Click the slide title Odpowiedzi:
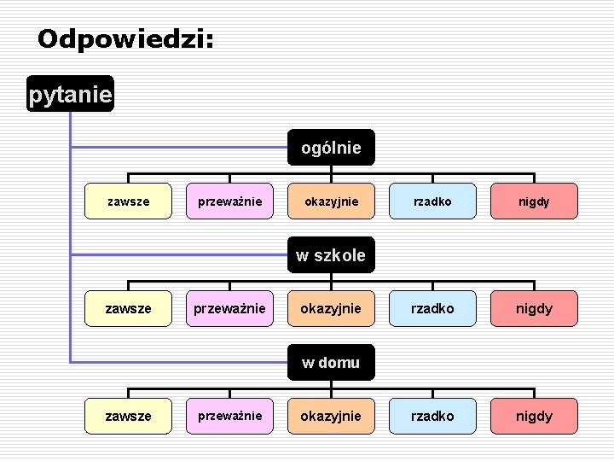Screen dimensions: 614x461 125,38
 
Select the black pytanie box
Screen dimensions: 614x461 70,95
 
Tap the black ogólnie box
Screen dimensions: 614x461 330,148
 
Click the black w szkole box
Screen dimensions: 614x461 330,254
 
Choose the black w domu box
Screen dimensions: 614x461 330,362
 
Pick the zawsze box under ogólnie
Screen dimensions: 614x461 128,202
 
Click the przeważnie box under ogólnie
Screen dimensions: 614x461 229,202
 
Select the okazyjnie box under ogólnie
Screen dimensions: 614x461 330,202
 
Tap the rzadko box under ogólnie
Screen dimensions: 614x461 432,202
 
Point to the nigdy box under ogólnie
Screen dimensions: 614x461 534,202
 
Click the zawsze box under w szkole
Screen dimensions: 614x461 128,308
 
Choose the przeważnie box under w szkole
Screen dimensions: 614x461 229,308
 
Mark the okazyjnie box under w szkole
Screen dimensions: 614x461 330,308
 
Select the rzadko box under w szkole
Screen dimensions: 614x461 432,308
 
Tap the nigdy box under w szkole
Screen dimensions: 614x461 534,308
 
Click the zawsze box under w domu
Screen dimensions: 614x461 128,416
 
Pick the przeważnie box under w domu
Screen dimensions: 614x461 229,416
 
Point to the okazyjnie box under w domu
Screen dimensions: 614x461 330,416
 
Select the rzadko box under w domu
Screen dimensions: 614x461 432,416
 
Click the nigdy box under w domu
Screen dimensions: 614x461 534,416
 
